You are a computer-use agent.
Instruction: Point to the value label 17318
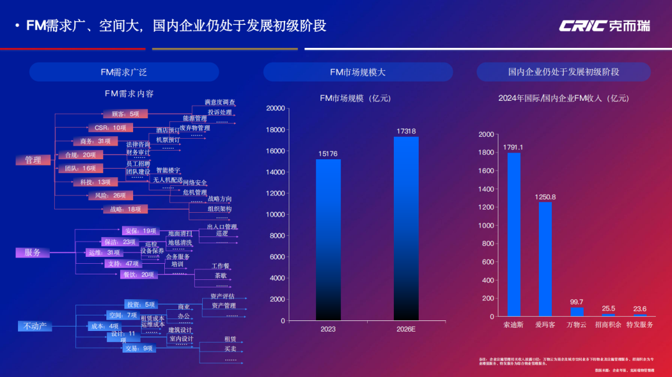(x=406, y=131)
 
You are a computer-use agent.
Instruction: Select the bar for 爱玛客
(x=545, y=259)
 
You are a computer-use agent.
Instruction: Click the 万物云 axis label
(x=576, y=325)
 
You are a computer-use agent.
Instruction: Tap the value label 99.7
(x=576, y=302)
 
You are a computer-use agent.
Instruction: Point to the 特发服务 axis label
(x=640, y=325)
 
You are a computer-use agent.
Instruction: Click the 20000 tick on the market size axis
(x=275, y=108)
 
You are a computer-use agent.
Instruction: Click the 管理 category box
(x=33, y=160)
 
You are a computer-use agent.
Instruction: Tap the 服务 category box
(x=32, y=253)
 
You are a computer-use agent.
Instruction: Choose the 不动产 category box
(x=35, y=325)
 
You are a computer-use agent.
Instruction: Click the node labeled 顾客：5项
(x=125, y=114)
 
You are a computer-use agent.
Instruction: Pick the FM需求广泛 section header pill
(x=124, y=72)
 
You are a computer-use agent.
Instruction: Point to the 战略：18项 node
(x=125, y=210)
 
